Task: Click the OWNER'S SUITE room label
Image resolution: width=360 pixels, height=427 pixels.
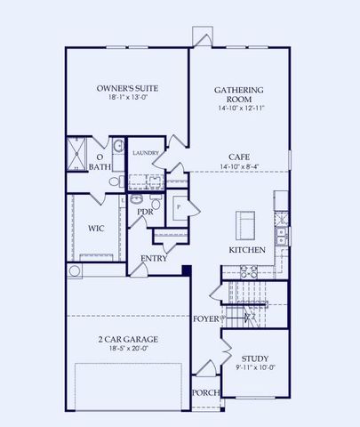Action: pos(126,88)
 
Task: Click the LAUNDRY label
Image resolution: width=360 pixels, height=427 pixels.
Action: pos(145,153)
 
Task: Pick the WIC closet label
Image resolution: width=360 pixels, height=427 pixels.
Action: pos(97,228)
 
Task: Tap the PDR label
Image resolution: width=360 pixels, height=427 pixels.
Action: pos(145,213)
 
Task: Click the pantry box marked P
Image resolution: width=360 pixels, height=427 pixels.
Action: pos(180,207)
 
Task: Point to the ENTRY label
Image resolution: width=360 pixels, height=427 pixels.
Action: pos(154,259)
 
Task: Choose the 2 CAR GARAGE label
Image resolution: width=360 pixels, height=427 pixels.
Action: pos(126,339)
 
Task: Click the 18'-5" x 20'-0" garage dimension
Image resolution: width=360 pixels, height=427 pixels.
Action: pos(126,350)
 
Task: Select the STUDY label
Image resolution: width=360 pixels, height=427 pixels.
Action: pos(255,356)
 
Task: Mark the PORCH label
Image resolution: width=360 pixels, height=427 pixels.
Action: pos(205,391)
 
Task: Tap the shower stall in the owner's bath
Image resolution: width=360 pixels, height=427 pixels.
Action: pos(76,152)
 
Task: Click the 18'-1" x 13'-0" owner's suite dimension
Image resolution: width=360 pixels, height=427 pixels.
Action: pos(126,101)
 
